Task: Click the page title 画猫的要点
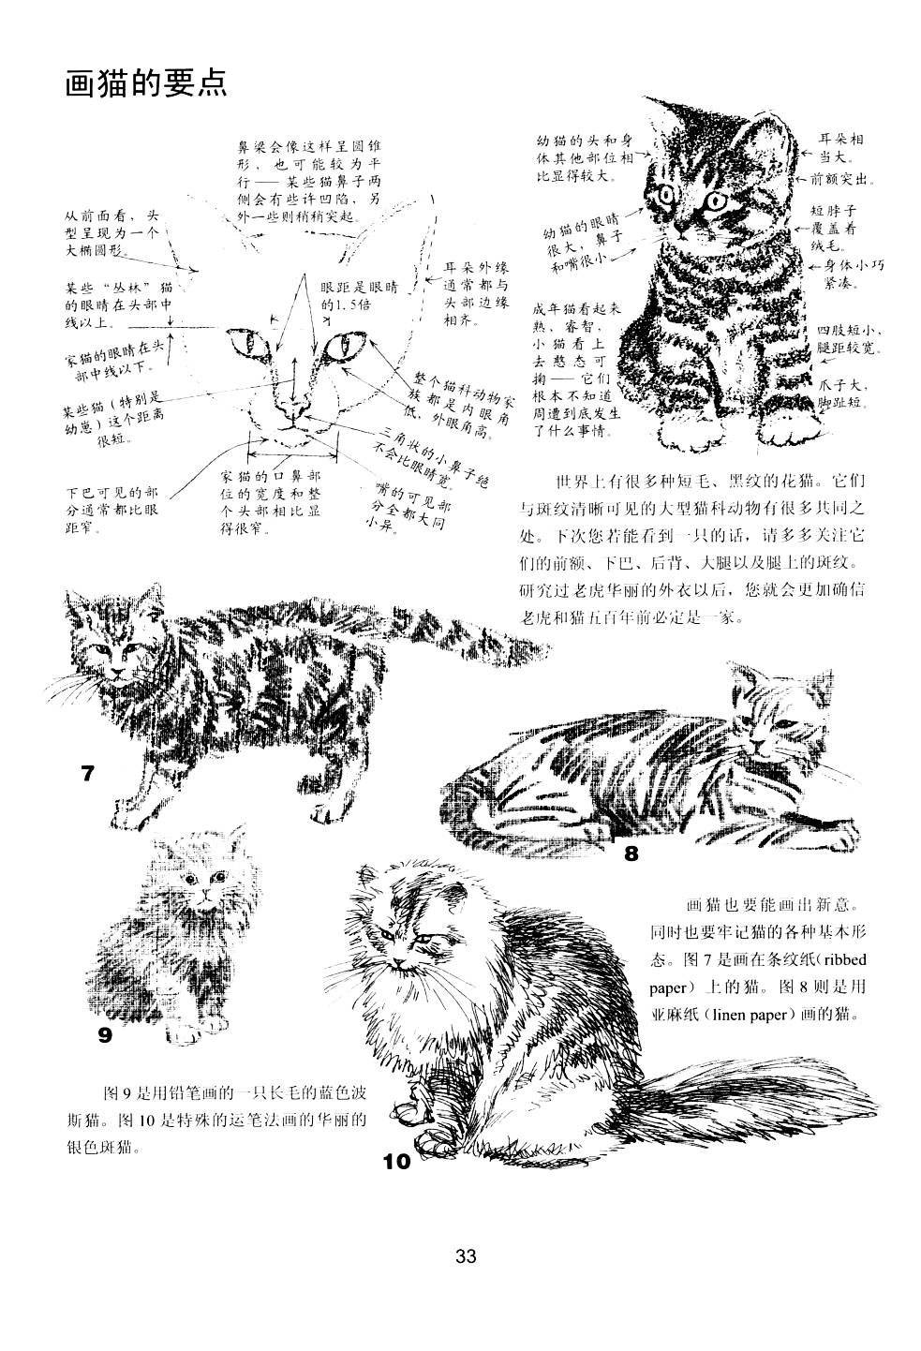click(144, 83)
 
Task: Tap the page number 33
click(466, 1255)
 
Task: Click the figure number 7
click(87, 774)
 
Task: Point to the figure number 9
click(105, 1034)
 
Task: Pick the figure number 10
click(396, 1162)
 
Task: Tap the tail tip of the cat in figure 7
click(539, 646)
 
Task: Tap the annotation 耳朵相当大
click(840, 147)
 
